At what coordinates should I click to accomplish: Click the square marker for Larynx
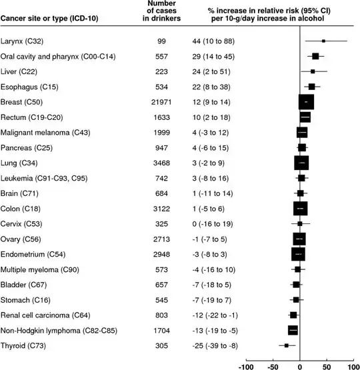(323, 41)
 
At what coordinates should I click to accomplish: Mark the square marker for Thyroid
(287, 345)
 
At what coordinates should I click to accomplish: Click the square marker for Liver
(313, 71)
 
